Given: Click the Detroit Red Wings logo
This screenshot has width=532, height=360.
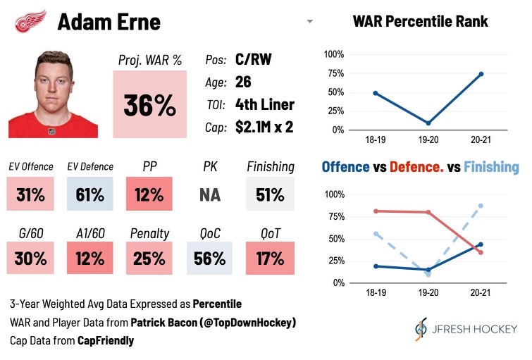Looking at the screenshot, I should point(30,21).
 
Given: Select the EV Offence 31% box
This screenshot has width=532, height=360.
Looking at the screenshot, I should point(30,194).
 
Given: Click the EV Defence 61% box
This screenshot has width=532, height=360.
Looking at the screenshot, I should point(89,194).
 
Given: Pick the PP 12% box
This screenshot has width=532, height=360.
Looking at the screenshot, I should point(149,194).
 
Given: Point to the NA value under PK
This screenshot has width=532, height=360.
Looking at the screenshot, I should point(210,194).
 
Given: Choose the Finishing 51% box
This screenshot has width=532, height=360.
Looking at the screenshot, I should point(270,194).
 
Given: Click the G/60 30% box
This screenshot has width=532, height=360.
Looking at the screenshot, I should point(30,258).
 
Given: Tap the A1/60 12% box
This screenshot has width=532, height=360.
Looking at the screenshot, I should point(89,258).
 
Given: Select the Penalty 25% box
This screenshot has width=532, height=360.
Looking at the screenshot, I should point(149,258).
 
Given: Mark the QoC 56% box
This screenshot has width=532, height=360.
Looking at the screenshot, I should point(210,258).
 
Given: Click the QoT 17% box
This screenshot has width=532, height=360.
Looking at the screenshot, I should point(270,258).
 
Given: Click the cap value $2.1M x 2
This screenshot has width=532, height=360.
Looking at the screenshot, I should point(265,127).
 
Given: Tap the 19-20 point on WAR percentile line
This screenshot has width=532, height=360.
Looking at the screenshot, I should point(427,123).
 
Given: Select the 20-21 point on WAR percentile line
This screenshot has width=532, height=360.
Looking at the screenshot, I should point(481,74).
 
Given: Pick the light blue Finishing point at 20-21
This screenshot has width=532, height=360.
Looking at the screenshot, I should point(481,206).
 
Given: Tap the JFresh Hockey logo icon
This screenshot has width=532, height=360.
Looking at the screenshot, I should point(421,329).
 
